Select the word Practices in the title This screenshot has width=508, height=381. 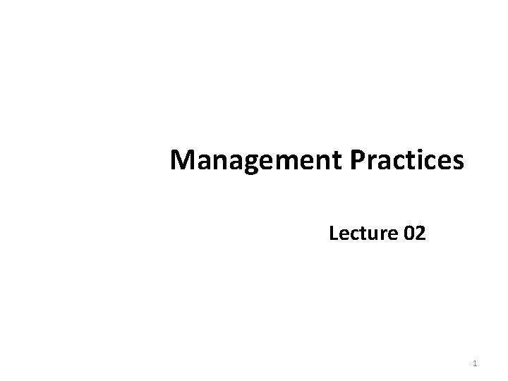(x=406, y=162)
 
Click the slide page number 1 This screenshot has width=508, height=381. (x=475, y=363)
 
